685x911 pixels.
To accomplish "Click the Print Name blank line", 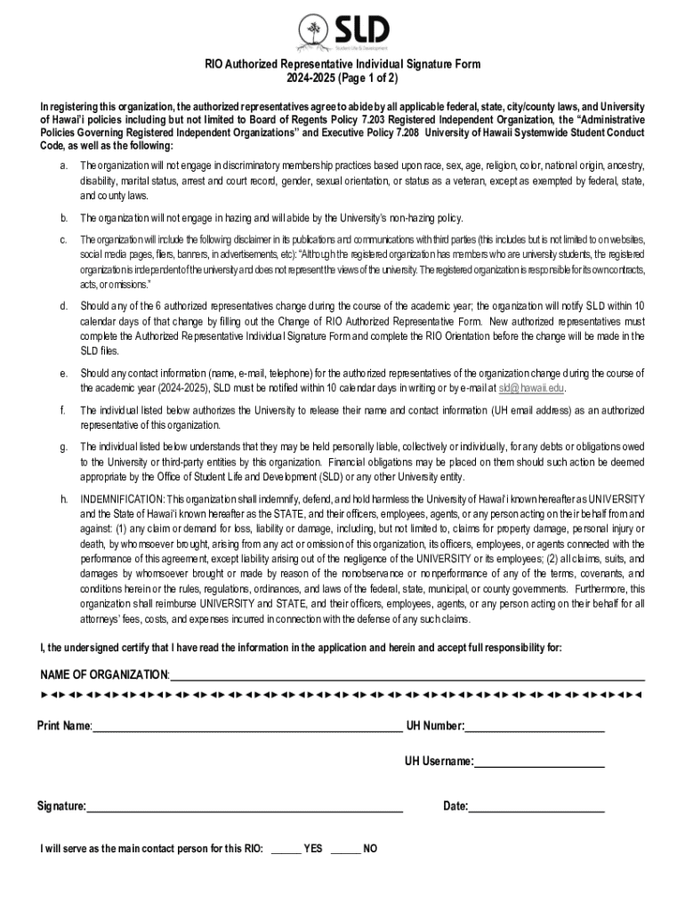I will point(246,730).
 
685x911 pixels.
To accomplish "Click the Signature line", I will point(245,809).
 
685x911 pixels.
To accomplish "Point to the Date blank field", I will point(536,809).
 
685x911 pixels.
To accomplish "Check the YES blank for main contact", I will point(286,851).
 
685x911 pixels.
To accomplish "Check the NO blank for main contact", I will point(345,851).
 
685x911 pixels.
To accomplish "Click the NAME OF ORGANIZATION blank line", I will point(407,677).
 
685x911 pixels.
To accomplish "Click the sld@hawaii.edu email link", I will point(531,388).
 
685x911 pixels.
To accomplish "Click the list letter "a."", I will point(63,166).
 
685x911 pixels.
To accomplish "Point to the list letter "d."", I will point(63,306).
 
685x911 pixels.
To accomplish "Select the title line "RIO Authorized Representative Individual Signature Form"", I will point(342,64).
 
